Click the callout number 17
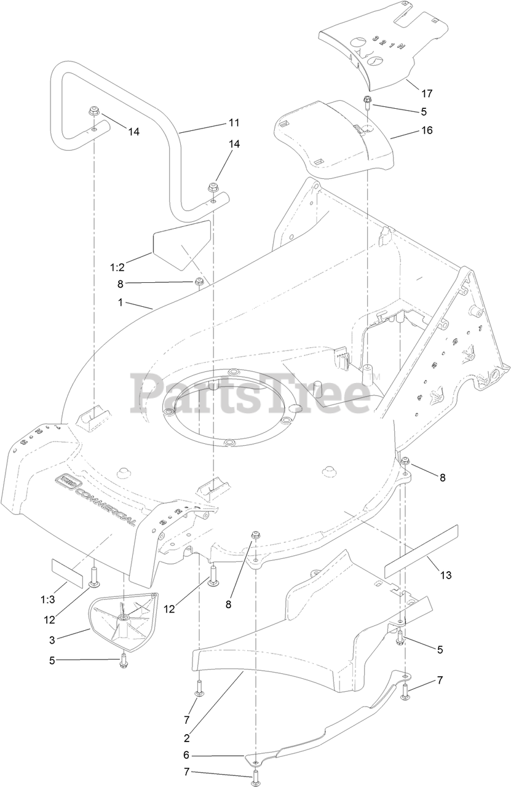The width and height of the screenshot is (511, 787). point(427,93)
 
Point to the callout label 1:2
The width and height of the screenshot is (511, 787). point(117,267)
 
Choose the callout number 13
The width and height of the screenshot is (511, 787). point(446,575)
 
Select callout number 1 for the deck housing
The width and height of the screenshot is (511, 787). point(121,303)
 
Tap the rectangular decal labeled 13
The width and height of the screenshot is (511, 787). point(422,550)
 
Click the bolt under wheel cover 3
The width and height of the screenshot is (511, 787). point(124,660)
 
